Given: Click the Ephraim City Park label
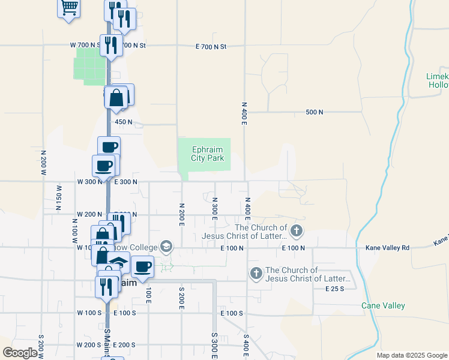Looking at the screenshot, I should (208, 154).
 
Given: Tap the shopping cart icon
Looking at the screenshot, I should (69, 8).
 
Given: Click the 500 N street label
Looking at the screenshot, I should (314, 112).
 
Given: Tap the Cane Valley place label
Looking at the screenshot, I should (383, 305).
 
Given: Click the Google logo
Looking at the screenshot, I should (20, 352).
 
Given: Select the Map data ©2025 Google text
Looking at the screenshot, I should (411, 355).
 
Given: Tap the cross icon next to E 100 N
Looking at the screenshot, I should (295, 230).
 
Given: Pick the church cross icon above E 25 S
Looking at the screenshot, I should (256, 274).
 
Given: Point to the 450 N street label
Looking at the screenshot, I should (123, 122).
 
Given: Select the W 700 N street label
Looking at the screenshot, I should (83, 46).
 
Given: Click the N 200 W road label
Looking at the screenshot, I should (43, 162).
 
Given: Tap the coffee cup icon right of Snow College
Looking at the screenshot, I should (142, 266).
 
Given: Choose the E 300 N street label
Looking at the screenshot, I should (126, 181).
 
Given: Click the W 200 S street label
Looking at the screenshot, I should (89, 345).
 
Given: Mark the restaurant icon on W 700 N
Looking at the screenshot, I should (111, 45).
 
